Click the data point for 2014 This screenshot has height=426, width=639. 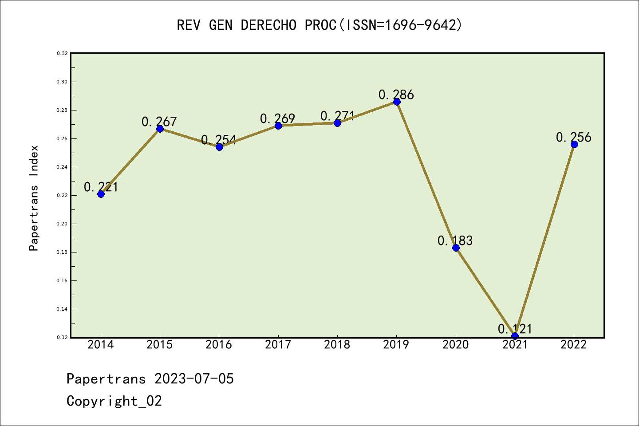101,194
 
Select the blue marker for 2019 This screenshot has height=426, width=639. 397,102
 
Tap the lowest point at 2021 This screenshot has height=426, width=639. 515,336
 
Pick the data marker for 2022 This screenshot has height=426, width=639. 574,144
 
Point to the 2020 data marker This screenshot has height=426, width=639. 456,248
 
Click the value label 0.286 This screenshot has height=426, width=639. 396,95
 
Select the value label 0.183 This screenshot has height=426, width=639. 455,241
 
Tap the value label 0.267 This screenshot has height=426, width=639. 159,122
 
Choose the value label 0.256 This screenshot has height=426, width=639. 574,137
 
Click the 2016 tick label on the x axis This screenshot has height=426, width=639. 219,345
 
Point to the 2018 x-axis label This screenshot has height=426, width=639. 337,345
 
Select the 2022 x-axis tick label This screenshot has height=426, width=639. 574,345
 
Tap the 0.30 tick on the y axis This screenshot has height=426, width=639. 62,82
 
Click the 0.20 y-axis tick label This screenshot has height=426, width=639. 62,224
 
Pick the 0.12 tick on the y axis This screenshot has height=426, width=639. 62,337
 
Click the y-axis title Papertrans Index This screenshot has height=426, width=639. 34,198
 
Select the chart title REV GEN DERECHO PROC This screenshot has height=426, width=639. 319,25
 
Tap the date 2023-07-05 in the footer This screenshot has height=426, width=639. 194,379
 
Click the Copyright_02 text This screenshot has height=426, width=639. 114,401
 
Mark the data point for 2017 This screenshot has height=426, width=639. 278,126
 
